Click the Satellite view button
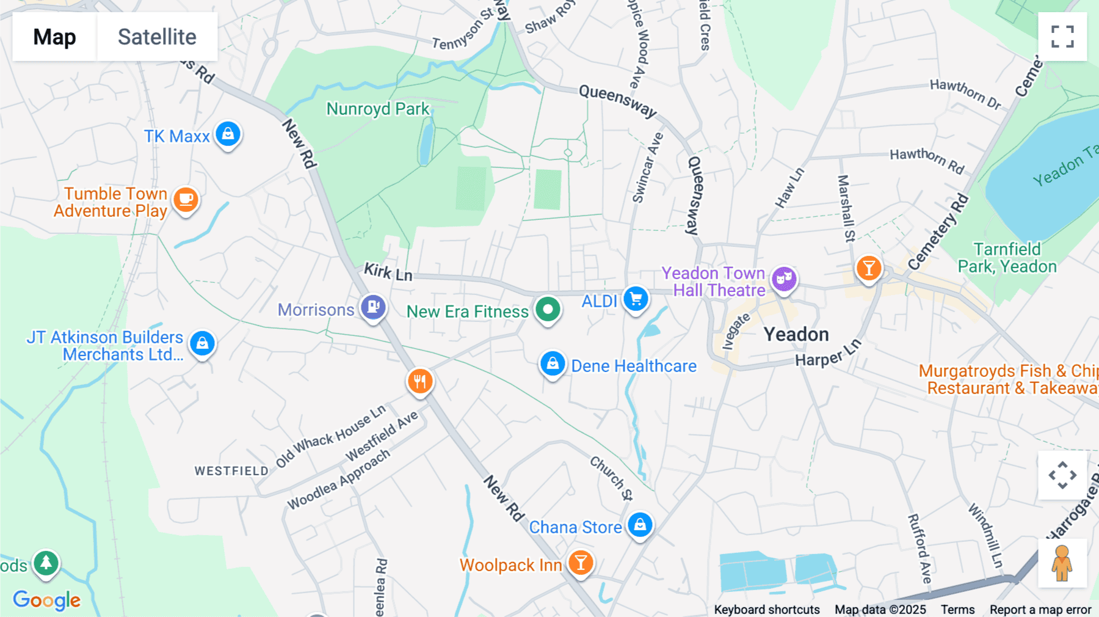157,37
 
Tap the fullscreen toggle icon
1062,37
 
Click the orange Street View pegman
1062,563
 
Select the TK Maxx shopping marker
228,134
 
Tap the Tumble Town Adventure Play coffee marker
186,200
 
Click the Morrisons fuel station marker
373,307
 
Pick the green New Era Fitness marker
548,310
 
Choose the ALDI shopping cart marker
636,299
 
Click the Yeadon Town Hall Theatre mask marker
784,279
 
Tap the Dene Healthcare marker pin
553,364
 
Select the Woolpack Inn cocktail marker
581,563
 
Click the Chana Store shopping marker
640,525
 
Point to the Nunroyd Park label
378,109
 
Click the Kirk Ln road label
388,272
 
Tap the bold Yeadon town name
796,334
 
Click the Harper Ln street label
827,354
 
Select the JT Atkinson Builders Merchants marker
202,343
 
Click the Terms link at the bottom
957,610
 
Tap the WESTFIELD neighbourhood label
231,471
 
